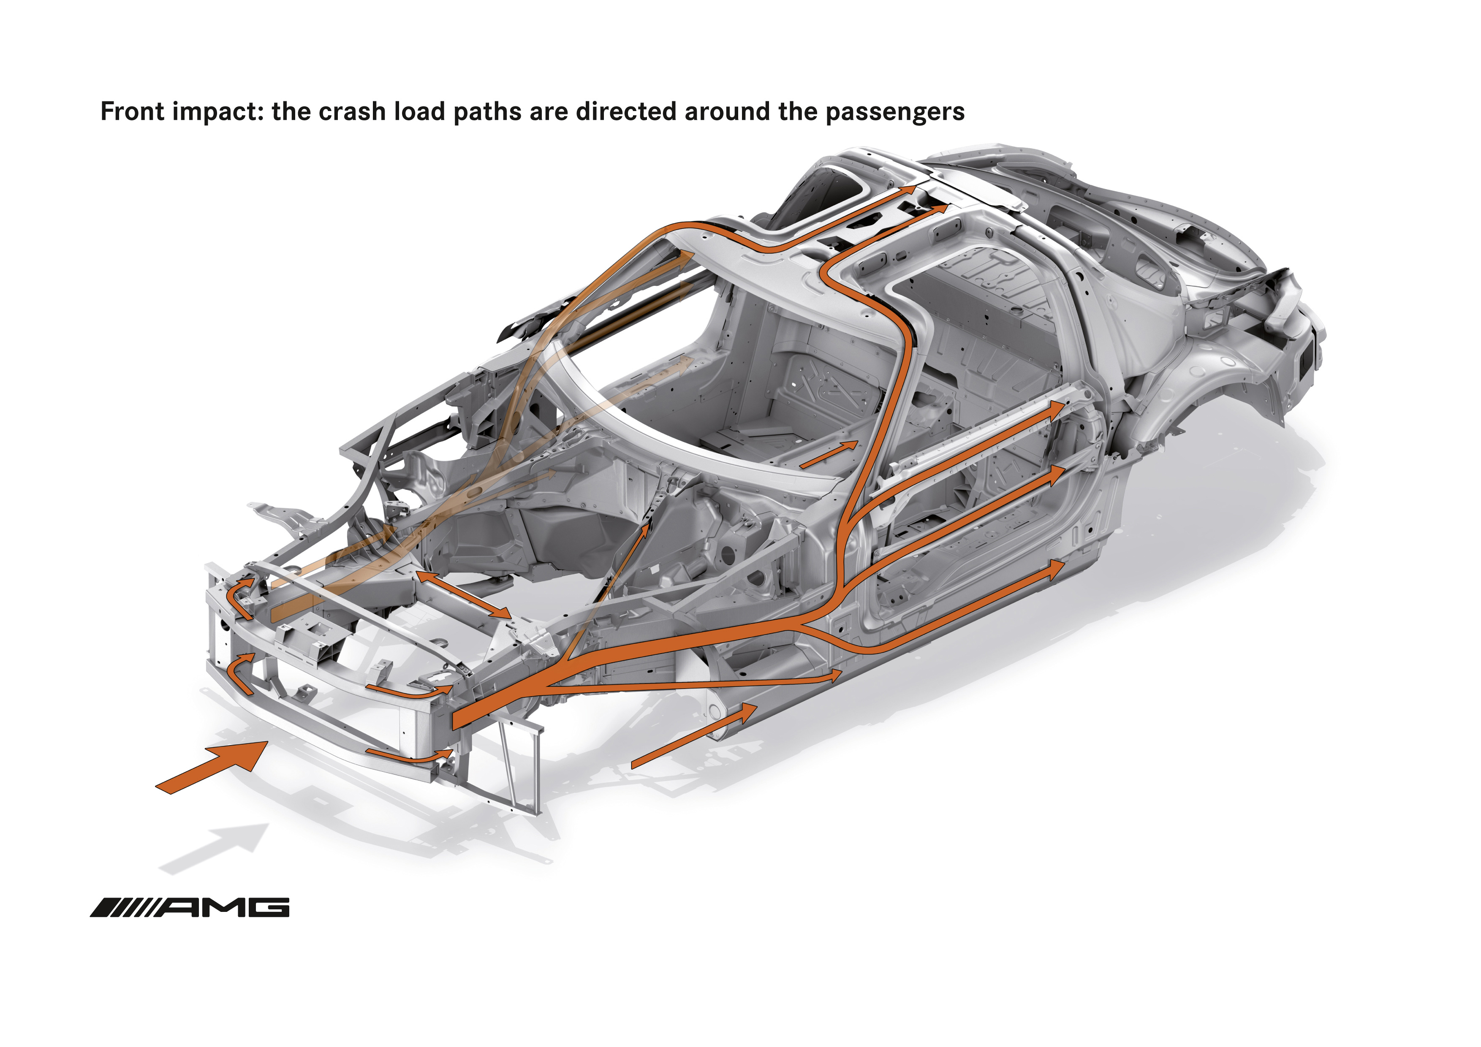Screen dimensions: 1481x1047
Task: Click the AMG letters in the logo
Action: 223,908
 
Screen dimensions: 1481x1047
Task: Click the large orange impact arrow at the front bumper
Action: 212,767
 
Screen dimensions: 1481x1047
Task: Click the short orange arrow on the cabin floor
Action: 829,454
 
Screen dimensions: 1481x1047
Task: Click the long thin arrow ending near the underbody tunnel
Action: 693,682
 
